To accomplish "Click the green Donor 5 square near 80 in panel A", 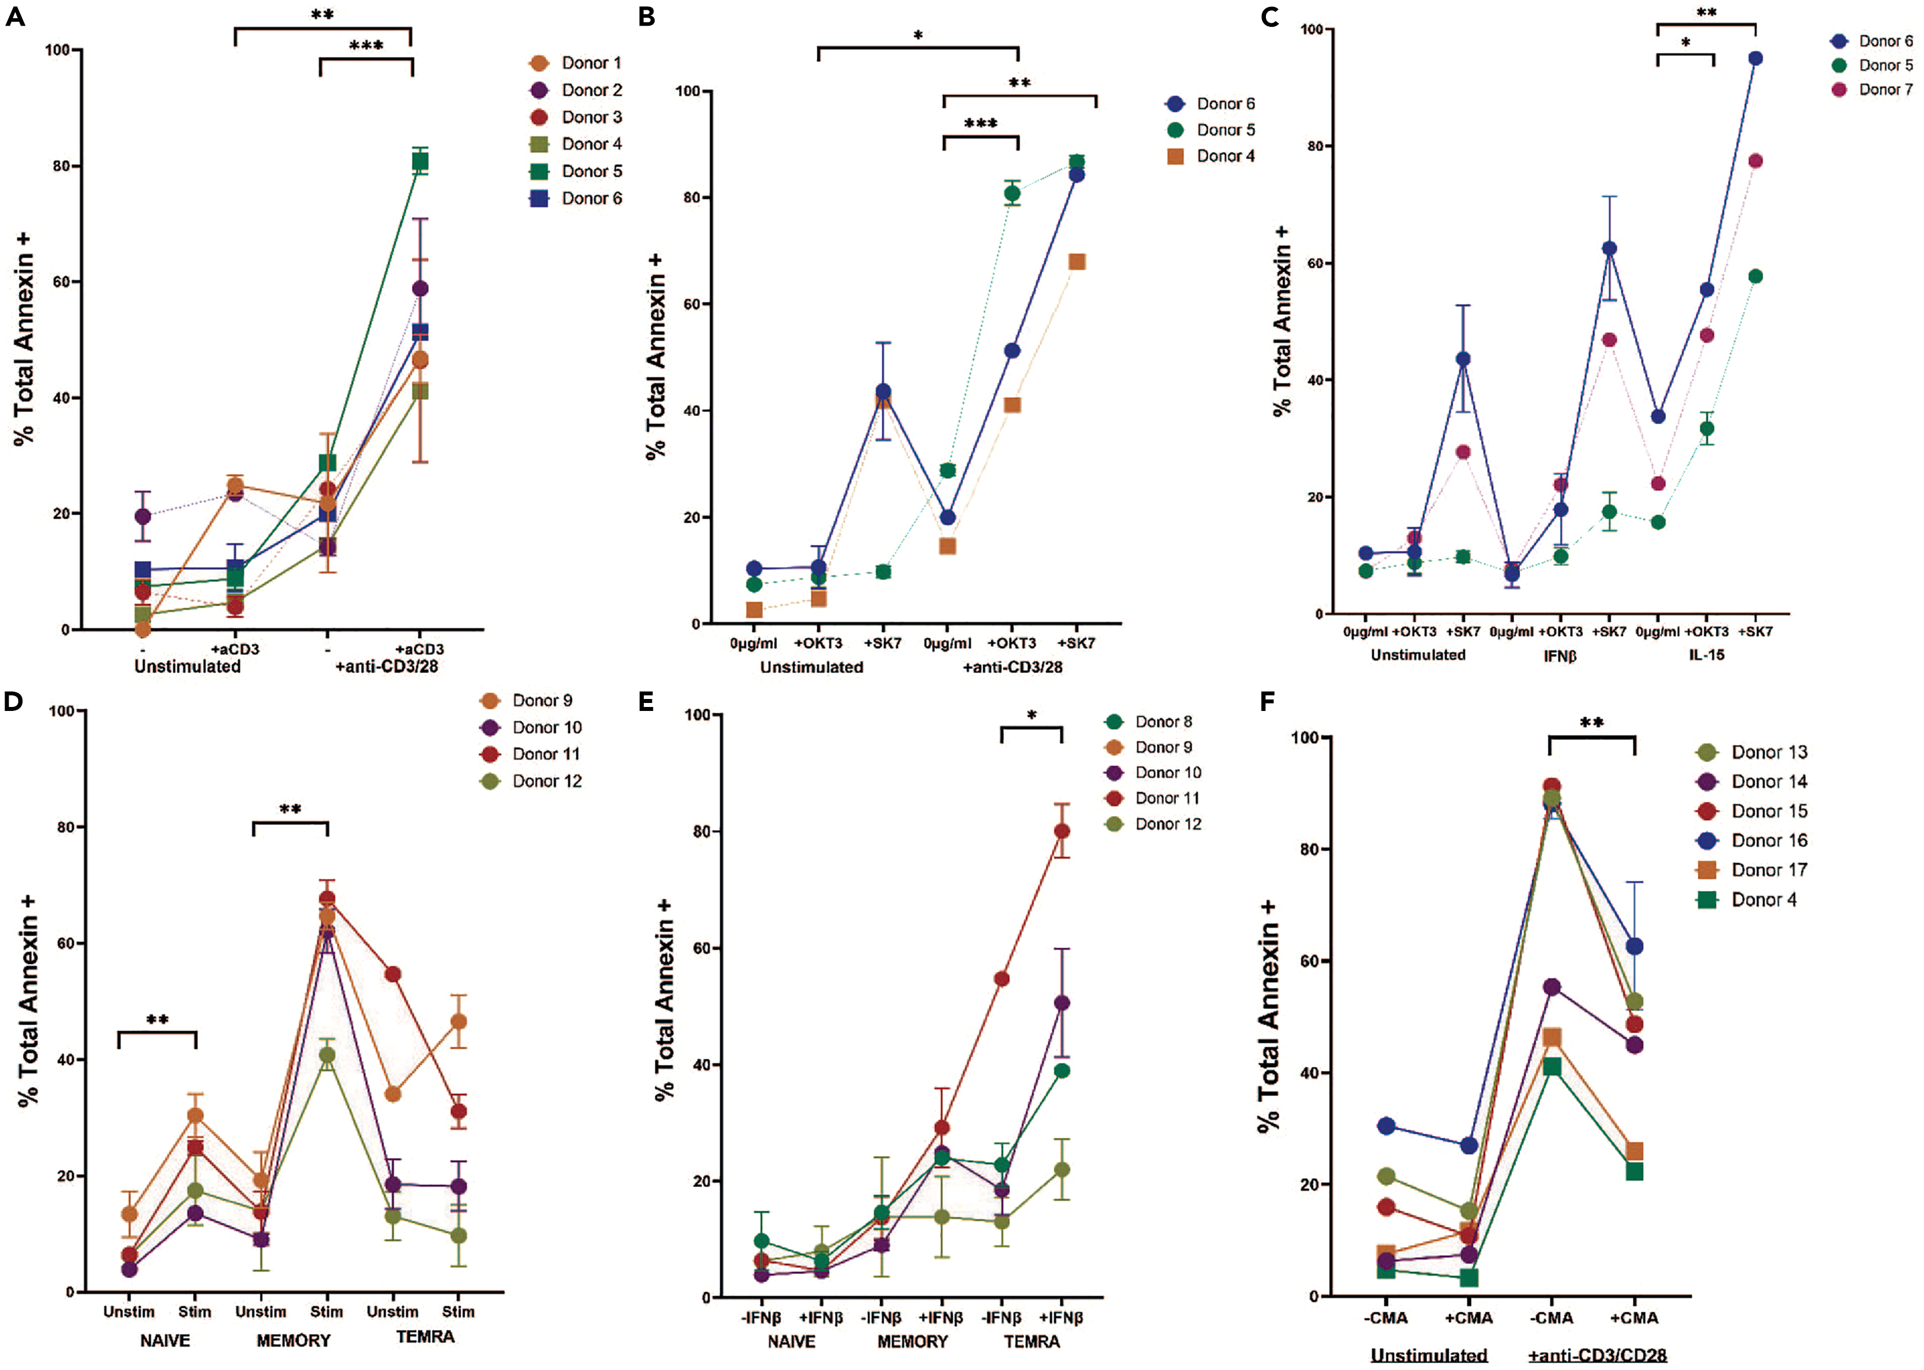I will tap(420, 162).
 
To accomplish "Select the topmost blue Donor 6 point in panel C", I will tap(1755, 58).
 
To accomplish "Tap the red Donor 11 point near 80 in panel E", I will tap(1062, 831).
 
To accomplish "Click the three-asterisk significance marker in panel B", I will tap(981, 124).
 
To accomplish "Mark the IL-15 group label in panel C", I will tap(1707, 654).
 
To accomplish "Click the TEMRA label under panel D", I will tap(425, 1337).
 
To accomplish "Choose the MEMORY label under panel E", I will tap(912, 1341).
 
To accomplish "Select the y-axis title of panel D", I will tap(28, 1000).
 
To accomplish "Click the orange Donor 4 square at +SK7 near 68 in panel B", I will tap(1077, 262).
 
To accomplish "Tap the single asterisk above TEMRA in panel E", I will tap(1031, 716).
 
